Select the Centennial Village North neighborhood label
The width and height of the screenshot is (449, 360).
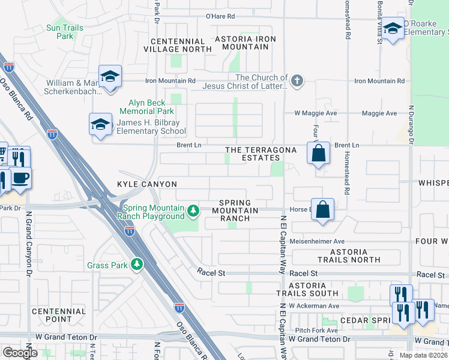click(178, 44)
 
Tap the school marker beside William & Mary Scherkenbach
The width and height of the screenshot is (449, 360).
click(110, 76)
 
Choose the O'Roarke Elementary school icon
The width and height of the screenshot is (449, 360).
click(393, 28)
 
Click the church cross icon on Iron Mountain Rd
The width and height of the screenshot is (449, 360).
click(297, 80)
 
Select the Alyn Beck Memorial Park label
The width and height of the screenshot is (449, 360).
click(146, 107)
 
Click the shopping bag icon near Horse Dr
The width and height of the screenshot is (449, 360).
click(323, 209)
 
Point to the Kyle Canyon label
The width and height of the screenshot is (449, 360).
click(147, 184)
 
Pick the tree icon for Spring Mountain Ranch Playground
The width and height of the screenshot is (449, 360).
click(193, 210)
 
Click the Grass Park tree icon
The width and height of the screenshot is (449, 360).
click(137, 265)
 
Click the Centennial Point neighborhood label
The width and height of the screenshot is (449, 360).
click(59, 316)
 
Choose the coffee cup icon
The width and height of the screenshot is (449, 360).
click(20, 178)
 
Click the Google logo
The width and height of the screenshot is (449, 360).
click(20, 353)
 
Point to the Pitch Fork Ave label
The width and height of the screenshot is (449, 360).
click(316, 330)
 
